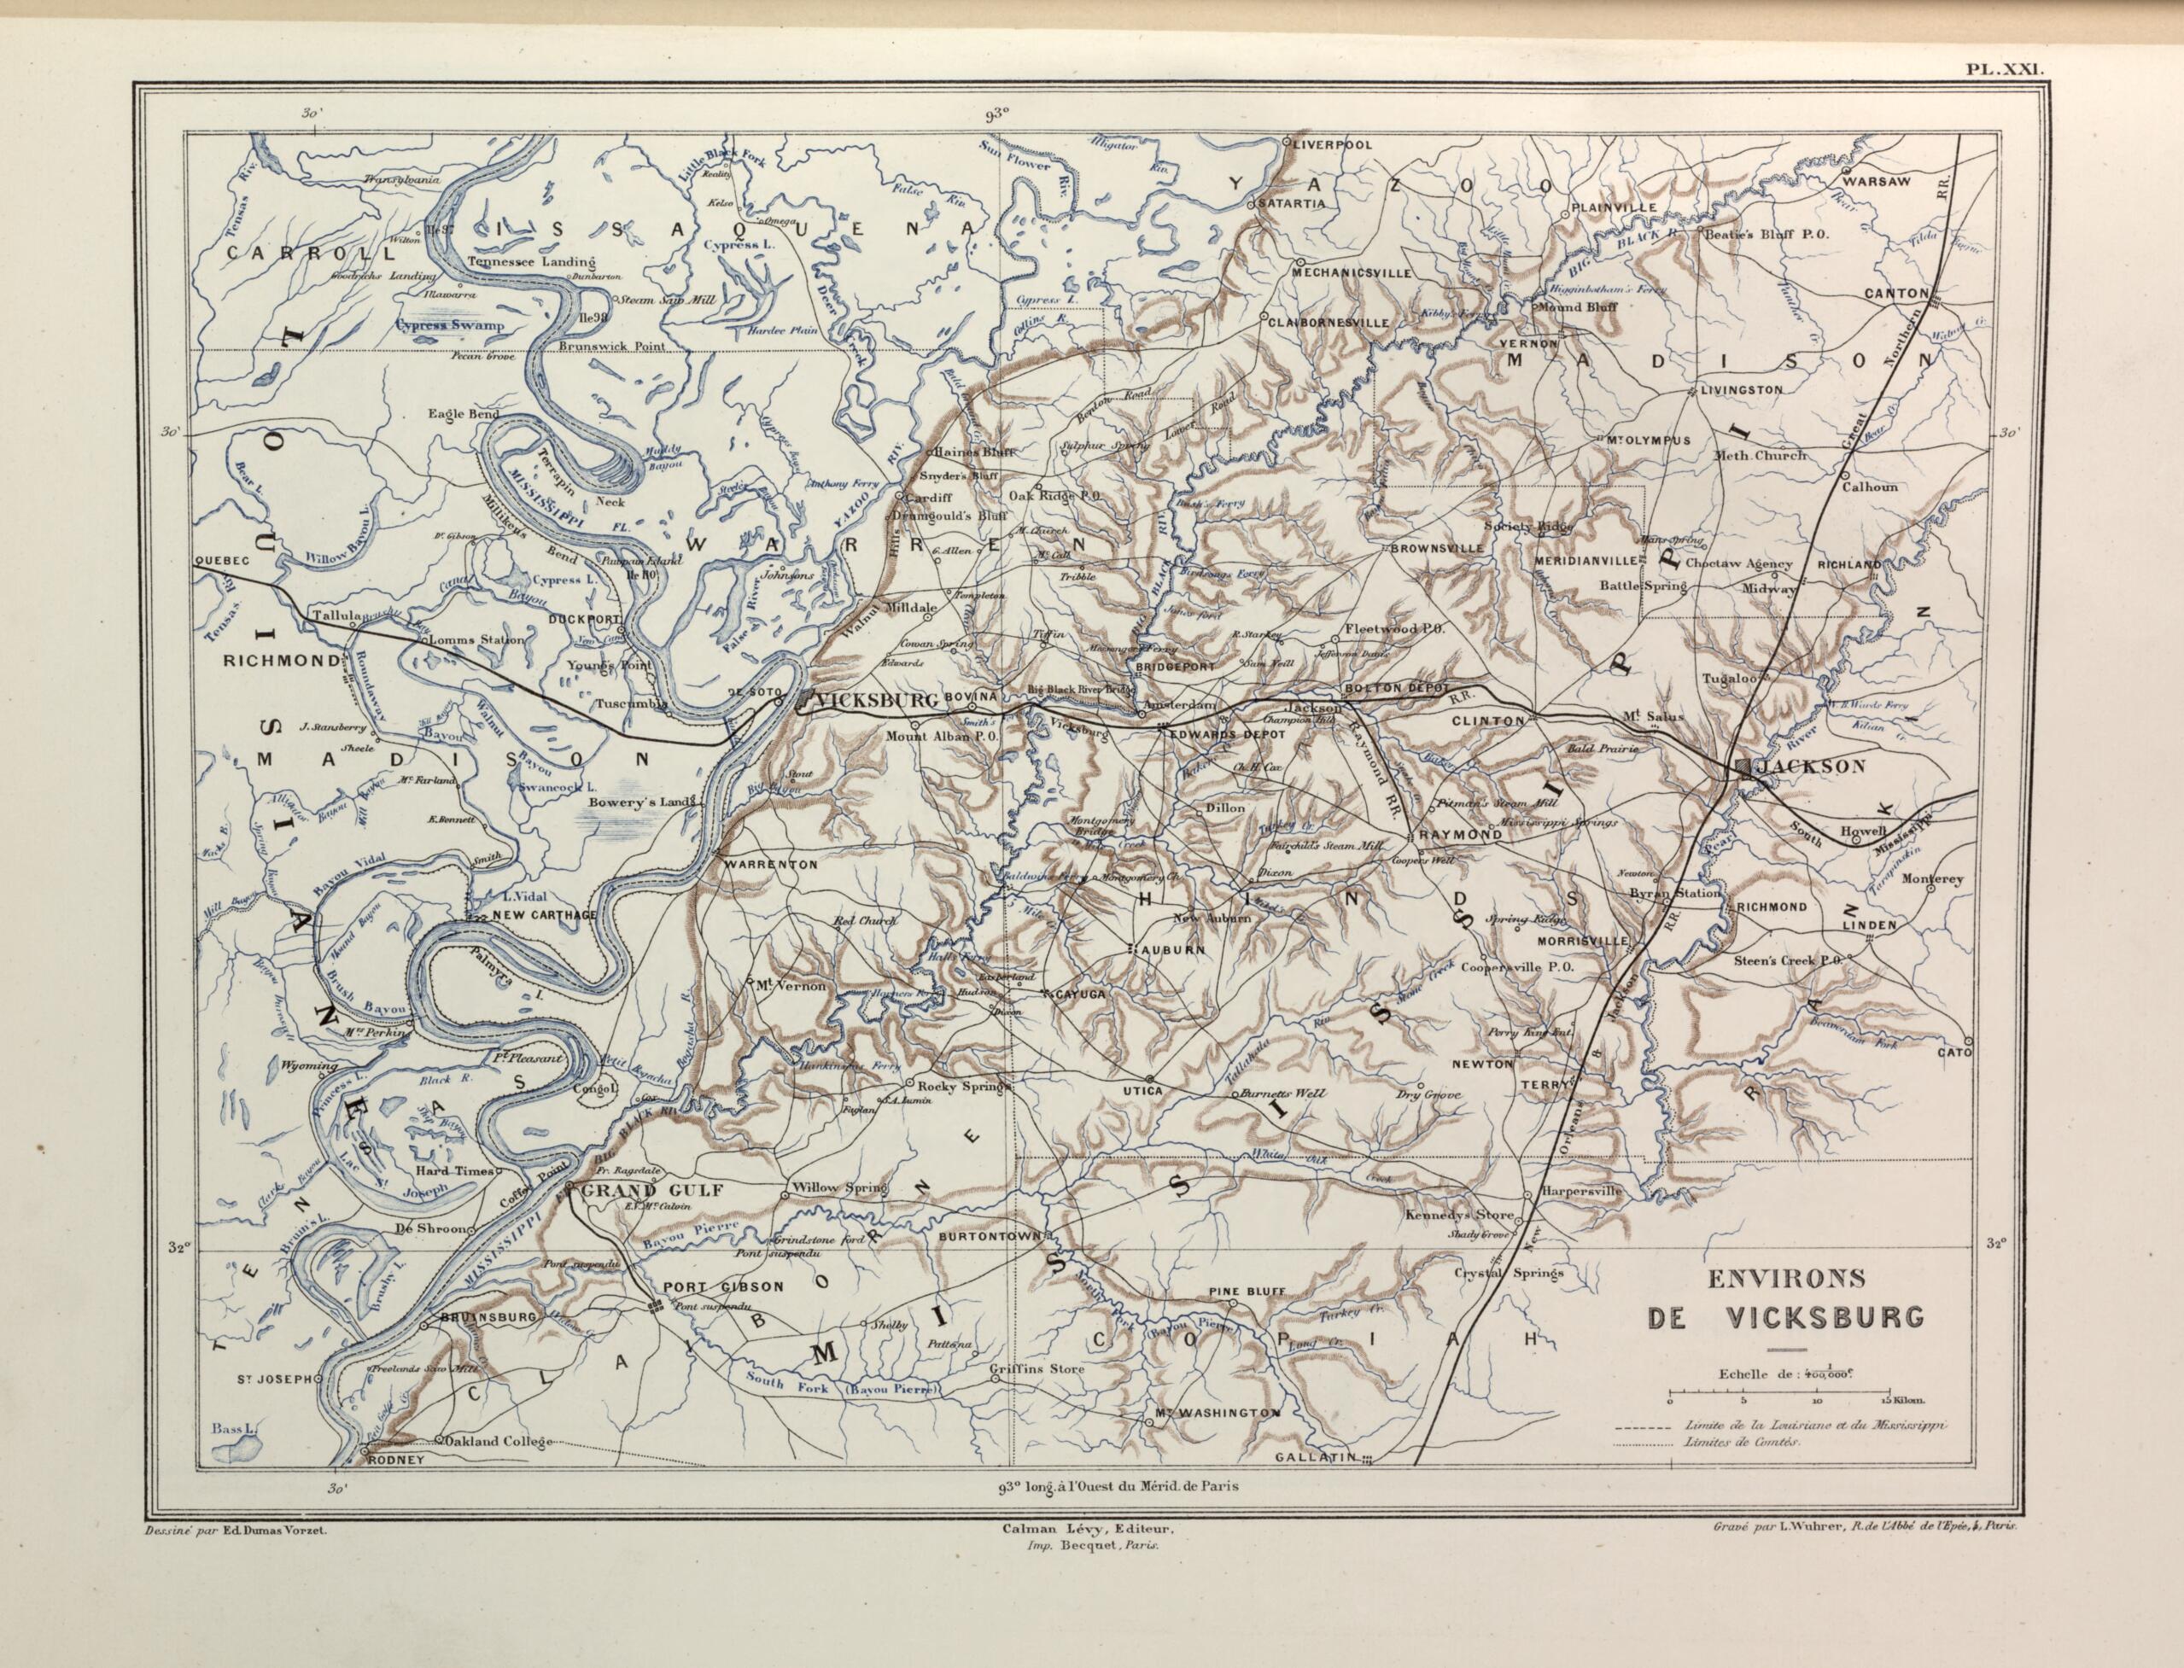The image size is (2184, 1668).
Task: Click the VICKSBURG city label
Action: pyautogui.click(x=875, y=701)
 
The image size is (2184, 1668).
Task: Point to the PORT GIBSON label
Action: pyautogui.click(x=724, y=1286)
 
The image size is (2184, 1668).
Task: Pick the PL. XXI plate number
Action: pyautogui.click(x=2003, y=69)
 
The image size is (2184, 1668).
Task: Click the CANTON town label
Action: pyautogui.click(x=1895, y=294)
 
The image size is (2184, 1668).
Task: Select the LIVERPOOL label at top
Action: pyautogui.click(x=1332, y=144)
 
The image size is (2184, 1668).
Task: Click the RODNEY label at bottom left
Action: pyautogui.click(x=396, y=1461)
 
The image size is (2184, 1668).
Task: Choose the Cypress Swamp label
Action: pyautogui.click(x=450, y=324)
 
